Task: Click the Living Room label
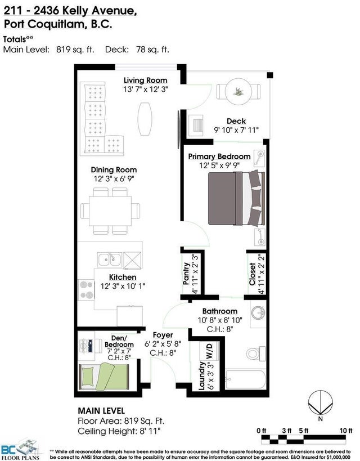[145, 80]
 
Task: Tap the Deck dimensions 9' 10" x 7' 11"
[236, 129]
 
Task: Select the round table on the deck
[238, 91]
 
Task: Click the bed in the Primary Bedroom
[237, 199]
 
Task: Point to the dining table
[110, 211]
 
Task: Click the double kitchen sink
[110, 260]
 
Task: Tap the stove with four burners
[86, 290]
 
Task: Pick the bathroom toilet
[255, 353]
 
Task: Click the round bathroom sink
[258, 312]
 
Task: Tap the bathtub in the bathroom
[245, 379]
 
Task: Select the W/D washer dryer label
[209, 351]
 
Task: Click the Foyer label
[163, 335]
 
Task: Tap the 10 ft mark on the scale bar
[346, 431]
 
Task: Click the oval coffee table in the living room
[145, 119]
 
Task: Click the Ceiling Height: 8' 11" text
[119, 431]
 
